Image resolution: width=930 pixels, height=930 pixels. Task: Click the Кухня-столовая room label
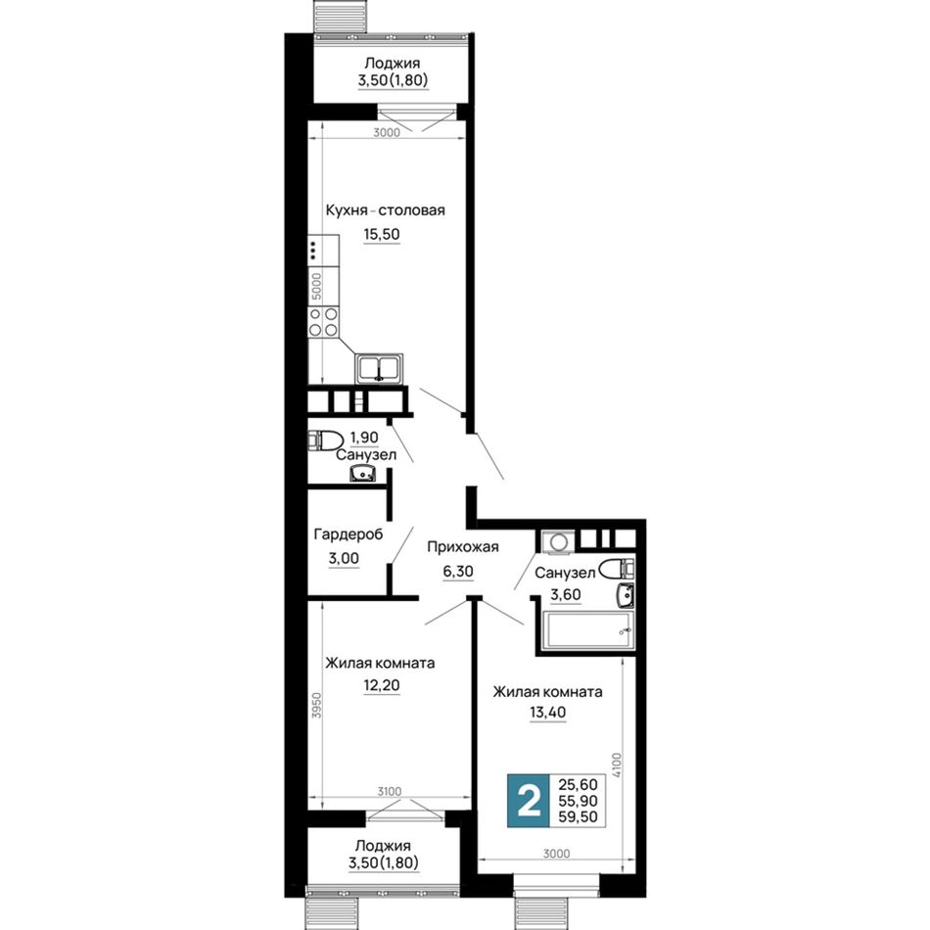(x=385, y=210)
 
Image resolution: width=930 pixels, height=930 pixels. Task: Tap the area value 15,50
(x=382, y=234)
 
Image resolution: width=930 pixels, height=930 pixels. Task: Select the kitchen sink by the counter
(x=379, y=368)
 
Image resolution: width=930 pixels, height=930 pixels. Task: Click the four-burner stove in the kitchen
(x=323, y=322)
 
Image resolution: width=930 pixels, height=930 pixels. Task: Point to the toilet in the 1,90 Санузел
(x=325, y=442)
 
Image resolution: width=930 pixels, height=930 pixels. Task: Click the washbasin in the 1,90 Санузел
(x=362, y=473)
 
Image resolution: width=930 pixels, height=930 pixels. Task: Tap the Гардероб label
(x=349, y=535)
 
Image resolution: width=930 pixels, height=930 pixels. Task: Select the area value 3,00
(x=344, y=559)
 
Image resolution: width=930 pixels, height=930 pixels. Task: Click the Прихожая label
(x=463, y=547)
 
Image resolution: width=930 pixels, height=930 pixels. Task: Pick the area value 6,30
(x=458, y=571)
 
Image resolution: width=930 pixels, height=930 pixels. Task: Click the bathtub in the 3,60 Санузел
(x=589, y=628)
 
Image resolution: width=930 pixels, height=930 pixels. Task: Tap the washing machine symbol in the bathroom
(x=558, y=542)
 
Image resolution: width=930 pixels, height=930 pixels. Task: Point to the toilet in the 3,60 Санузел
(x=616, y=570)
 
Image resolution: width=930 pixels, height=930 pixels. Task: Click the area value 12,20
(x=382, y=685)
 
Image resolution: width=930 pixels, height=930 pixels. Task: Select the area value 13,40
(x=547, y=713)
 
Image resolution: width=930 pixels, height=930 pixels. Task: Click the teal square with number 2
(x=529, y=801)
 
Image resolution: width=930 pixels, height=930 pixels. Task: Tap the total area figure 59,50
(x=578, y=817)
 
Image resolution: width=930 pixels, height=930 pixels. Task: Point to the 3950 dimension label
(x=317, y=706)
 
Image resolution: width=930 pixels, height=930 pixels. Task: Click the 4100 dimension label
(x=617, y=766)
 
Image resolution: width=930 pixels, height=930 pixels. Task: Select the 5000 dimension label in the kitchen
(x=317, y=286)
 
